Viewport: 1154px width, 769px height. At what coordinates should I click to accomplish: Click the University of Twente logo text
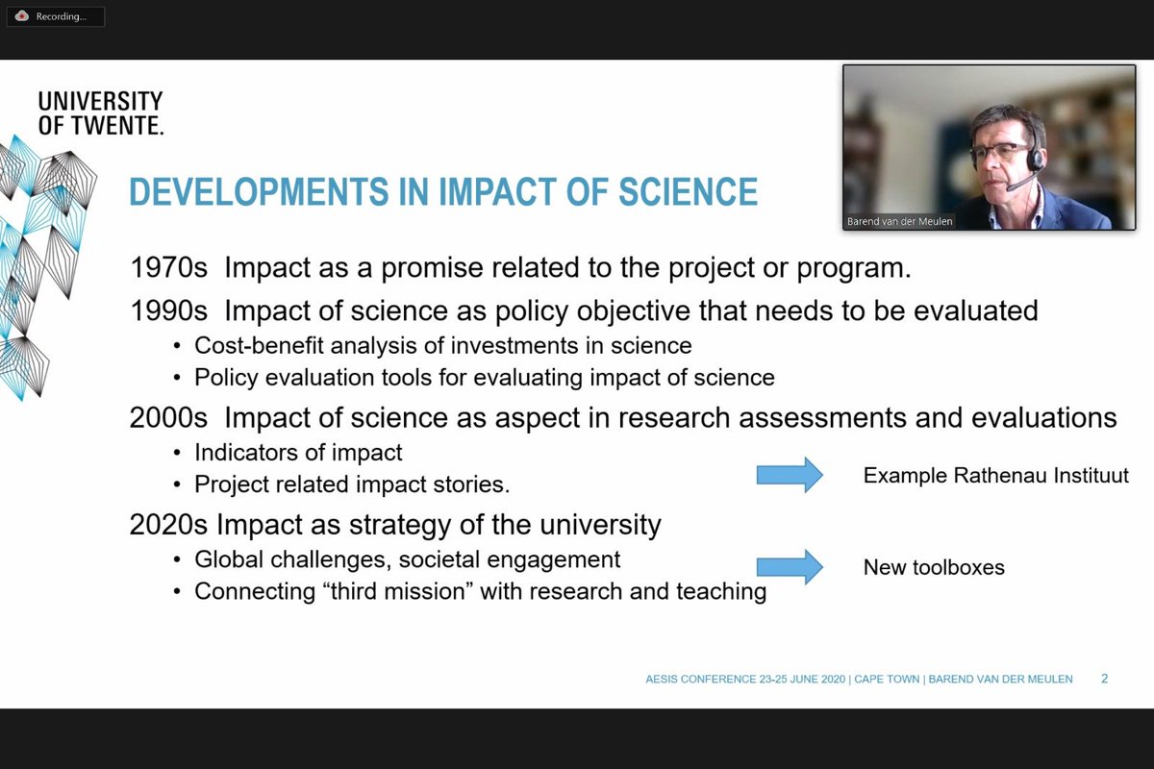[100, 113]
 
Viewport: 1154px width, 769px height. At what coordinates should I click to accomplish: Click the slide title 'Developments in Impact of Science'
[443, 192]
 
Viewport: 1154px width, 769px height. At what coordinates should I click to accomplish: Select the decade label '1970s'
[168, 268]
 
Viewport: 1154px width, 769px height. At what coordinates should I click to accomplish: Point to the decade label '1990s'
[168, 310]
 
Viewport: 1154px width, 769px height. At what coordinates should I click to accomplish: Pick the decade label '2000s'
[168, 418]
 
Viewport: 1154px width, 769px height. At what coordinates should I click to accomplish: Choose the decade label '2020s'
[168, 525]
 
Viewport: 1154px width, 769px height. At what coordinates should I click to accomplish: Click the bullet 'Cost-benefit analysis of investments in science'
[442, 345]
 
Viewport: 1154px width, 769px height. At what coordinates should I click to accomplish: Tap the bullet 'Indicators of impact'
[298, 452]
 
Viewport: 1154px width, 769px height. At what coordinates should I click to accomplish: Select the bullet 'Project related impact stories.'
[352, 484]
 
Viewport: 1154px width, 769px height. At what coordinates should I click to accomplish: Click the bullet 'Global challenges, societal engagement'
[407, 559]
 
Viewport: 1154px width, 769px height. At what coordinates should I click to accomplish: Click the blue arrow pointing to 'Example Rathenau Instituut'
[790, 475]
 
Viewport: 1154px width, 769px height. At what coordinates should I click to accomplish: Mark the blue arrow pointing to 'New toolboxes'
[790, 567]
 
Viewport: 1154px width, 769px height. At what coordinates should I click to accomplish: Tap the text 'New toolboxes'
[934, 567]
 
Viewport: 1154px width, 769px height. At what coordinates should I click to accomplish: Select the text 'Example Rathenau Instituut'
[995, 475]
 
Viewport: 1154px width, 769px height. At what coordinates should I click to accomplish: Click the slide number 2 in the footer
[1104, 679]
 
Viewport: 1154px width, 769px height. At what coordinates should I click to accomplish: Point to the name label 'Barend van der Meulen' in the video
[900, 221]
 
